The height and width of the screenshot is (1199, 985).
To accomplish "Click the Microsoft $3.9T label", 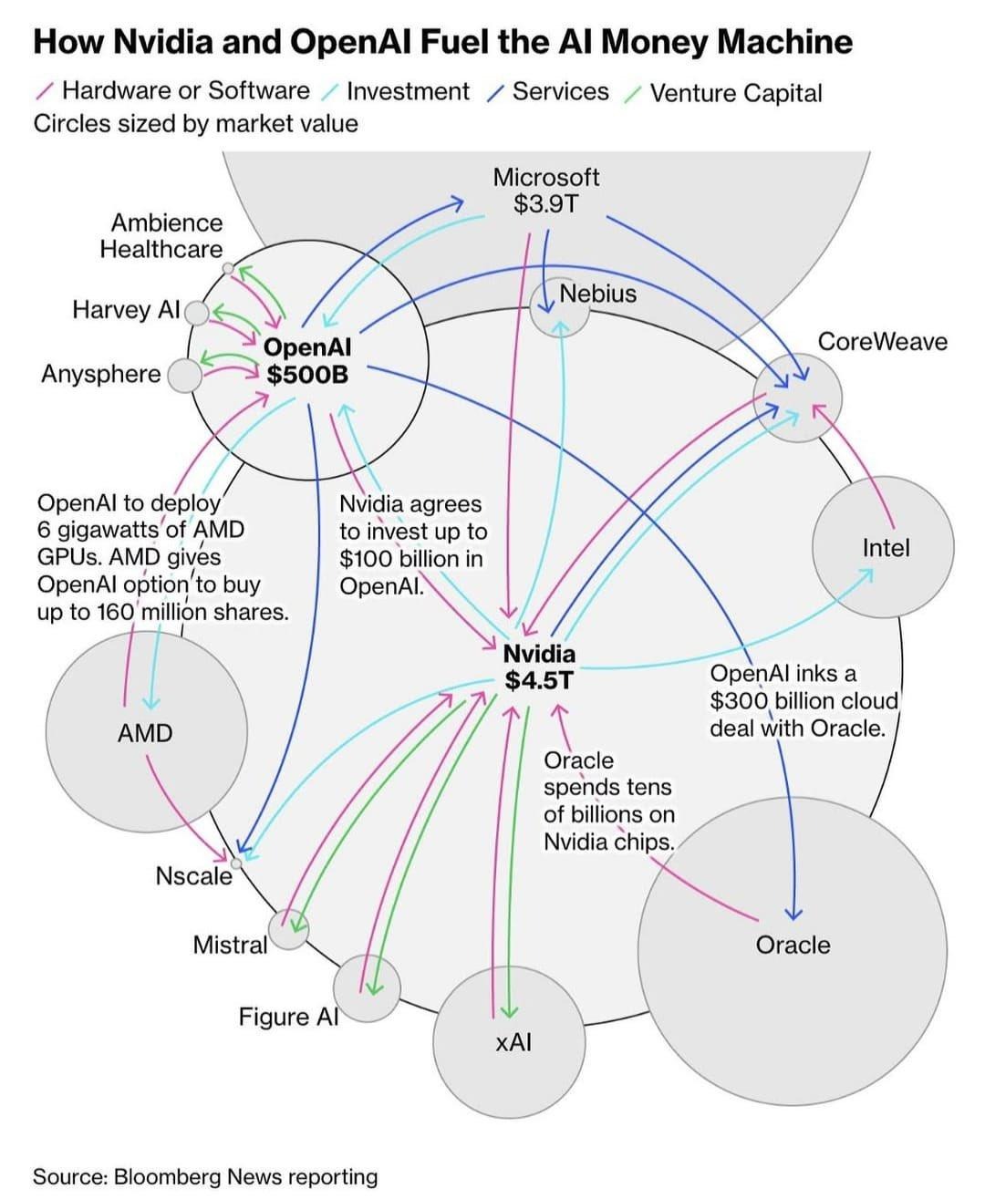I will (x=546, y=190).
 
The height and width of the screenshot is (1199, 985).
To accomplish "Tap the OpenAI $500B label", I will (x=306, y=361).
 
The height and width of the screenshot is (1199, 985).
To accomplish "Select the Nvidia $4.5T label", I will (x=540, y=667).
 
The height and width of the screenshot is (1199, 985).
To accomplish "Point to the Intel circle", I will (x=884, y=548).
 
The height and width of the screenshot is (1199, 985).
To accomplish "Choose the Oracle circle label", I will (x=793, y=945).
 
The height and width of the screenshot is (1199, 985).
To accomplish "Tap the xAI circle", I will (x=510, y=1042).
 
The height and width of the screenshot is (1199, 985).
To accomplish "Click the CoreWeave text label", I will (x=882, y=341).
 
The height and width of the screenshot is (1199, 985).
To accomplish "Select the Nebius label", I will (x=597, y=294).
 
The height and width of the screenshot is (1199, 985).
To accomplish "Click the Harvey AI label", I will (x=126, y=310).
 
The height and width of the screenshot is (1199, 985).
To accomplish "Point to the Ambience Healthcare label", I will (x=162, y=236).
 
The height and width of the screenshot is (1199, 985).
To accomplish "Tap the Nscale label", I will (x=193, y=876).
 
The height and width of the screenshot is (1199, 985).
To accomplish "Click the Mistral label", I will (x=230, y=945).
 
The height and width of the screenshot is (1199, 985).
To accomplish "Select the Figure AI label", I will (x=288, y=1016).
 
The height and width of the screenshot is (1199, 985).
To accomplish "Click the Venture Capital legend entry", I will (x=735, y=93).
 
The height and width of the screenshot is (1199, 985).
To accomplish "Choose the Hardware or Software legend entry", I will (x=185, y=91).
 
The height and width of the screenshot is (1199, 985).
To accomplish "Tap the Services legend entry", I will (x=560, y=91).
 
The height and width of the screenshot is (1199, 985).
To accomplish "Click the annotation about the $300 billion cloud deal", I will (x=803, y=700).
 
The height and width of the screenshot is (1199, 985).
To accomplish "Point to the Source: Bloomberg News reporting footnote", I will (x=205, y=1176).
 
